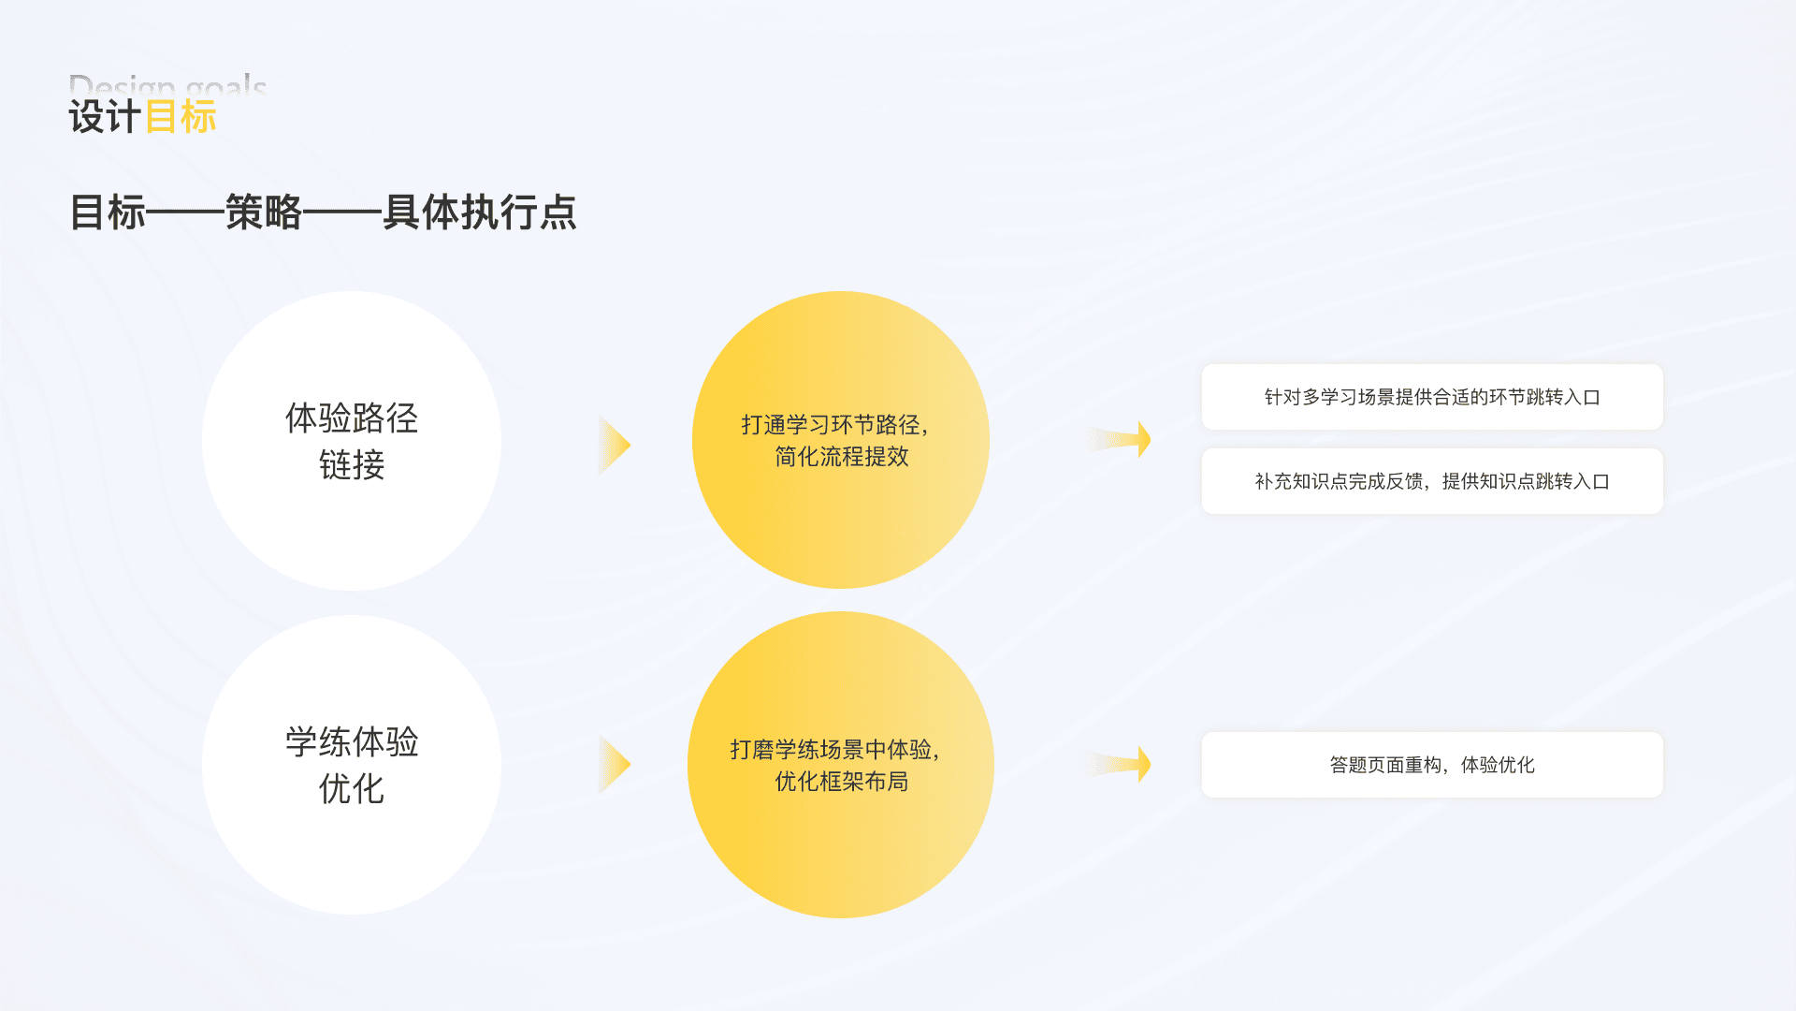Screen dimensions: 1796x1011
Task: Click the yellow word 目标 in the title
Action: [x=181, y=118]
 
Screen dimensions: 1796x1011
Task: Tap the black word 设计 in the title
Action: [x=105, y=118]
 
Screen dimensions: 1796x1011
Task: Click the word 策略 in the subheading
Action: [x=264, y=212]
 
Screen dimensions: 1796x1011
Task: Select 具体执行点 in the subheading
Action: [x=480, y=212]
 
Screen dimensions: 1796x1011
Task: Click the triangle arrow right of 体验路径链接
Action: [x=614, y=445]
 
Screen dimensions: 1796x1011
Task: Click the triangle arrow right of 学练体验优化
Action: [x=614, y=765]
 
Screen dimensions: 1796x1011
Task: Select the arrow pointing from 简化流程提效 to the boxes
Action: [x=1119, y=439]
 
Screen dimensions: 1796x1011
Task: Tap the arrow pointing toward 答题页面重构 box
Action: [x=1119, y=764]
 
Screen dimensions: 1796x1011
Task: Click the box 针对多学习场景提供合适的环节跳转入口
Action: [x=1432, y=397]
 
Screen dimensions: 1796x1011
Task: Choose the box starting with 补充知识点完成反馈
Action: [x=1432, y=481]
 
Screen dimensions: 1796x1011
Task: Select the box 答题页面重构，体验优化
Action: [x=1432, y=765]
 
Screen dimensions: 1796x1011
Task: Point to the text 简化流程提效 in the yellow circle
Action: [x=842, y=457]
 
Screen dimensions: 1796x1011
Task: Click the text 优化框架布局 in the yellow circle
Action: [x=842, y=782]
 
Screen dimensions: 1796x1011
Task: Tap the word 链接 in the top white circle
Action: [x=352, y=465]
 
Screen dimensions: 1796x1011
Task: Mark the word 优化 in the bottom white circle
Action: [x=352, y=789]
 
